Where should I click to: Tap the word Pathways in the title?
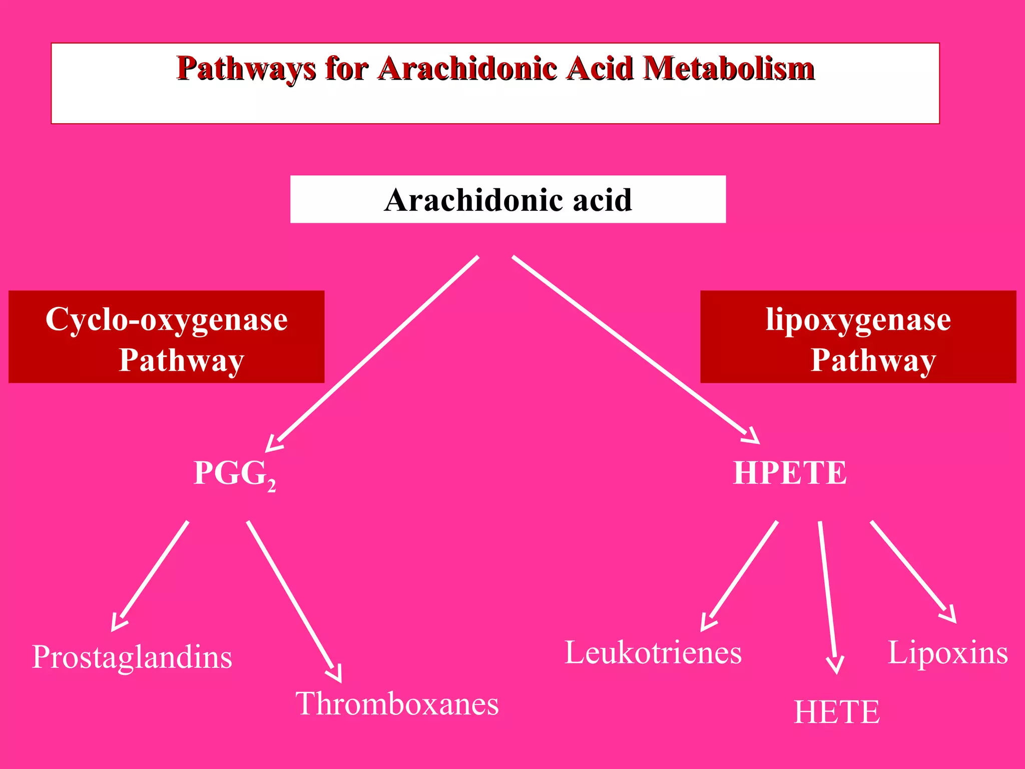pos(246,69)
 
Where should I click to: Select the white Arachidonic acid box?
pos(507,199)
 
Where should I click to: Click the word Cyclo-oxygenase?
pos(167,319)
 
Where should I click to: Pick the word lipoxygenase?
pos(858,319)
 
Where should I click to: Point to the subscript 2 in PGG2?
pos(271,486)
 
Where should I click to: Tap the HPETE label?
pos(790,473)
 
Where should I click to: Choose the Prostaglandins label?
pos(132,657)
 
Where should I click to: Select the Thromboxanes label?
pos(397,704)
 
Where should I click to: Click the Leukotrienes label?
pos(653,653)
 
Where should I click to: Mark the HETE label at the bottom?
pos(837,712)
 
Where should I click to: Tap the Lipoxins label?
pos(948,653)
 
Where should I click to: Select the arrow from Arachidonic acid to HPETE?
pos(633,348)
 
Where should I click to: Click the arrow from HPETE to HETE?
pos(827,596)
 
